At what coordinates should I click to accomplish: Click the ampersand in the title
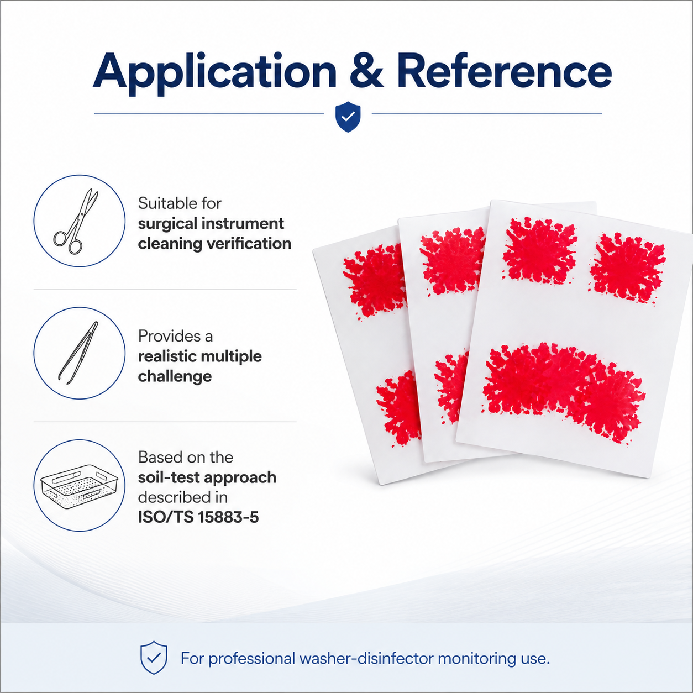[367, 71]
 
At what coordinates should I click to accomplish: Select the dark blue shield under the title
[348, 117]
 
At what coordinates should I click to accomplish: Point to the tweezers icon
[78, 353]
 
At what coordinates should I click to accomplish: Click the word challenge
[175, 376]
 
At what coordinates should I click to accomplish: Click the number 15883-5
[228, 517]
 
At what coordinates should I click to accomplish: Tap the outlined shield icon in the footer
[154, 658]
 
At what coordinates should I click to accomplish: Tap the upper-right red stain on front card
[627, 267]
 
